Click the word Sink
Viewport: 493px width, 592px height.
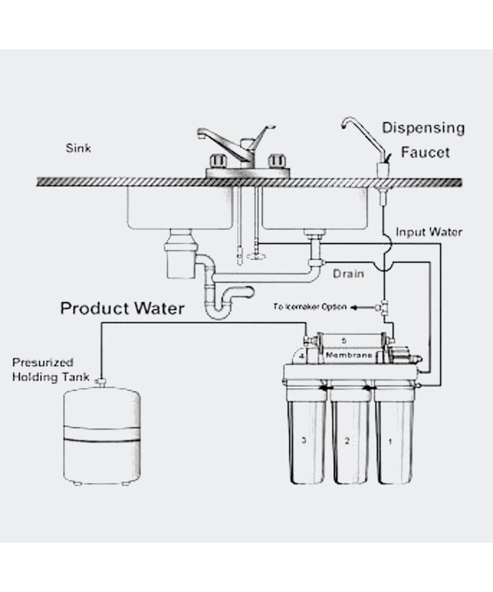point(78,148)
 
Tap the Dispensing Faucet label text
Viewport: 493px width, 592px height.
point(423,140)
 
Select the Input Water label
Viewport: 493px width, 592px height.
point(429,232)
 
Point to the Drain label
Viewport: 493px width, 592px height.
point(348,273)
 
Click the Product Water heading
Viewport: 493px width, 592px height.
point(122,309)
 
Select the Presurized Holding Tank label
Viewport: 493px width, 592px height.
point(50,370)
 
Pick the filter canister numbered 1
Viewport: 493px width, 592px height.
point(394,439)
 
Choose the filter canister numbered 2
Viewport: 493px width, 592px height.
point(351,439)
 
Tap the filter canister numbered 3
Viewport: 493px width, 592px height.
point(307,439)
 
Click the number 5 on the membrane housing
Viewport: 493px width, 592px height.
point(344,340)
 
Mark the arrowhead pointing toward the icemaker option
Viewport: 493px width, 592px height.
point(353,307)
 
